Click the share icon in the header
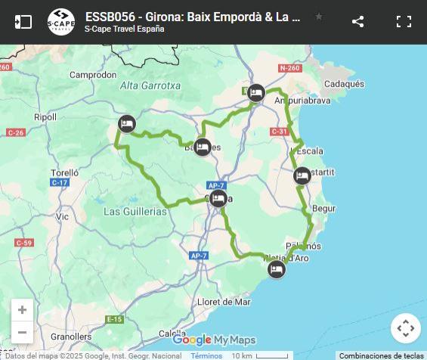358,21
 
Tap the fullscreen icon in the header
404,21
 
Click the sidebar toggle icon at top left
23,21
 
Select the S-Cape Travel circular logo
61,21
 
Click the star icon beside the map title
319,17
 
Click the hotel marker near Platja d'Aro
277,269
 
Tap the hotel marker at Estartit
302,176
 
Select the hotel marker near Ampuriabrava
256,92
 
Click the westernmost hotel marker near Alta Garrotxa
127,124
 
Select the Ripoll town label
45,117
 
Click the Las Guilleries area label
135,212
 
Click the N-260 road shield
289,68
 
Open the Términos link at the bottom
206,355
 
